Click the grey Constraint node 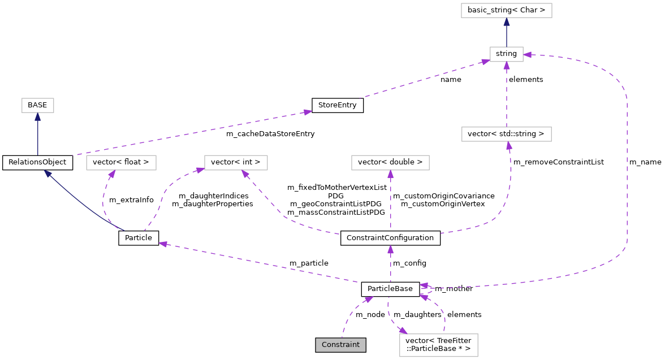coord(340,345)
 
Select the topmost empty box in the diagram coord(506,10)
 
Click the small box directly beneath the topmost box coord(506,54)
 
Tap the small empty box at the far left coord(38,105)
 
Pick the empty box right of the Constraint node coord(438,345)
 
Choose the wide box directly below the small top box coord(506,134)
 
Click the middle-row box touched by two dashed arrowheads coord(236,163)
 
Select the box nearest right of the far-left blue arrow coord(121,163)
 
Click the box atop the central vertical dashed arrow coord(390,163)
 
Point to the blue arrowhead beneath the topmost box coord(507,22)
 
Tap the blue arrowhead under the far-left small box coord(37,117)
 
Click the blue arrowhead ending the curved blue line coord(48,174)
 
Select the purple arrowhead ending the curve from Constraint coord(369,299)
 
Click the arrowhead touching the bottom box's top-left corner coord(403,331)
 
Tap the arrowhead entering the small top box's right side coord(528,55)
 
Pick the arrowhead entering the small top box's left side coord(486,62)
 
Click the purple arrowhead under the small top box coord(507,66)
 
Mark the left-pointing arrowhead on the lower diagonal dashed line coord(163,244)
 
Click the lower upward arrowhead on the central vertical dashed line coord(390,249)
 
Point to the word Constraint coord(340,345)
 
